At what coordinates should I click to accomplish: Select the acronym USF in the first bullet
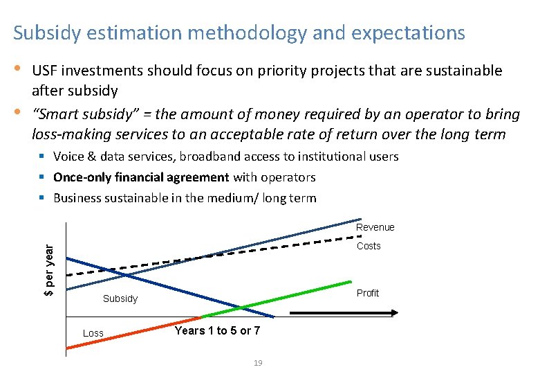point(47,71)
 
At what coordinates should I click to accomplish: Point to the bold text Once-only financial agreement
point(141,177)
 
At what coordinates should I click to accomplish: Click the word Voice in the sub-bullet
point(68,157)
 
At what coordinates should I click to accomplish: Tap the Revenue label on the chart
point(375,227)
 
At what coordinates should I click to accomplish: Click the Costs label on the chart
point(368,246)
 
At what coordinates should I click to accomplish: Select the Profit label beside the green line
point(367,293)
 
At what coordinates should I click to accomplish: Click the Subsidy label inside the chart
point(120,299)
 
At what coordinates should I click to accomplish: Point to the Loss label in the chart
point(93,333)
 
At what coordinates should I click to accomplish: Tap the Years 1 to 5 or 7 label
point(217,331)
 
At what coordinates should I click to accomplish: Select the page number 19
point(257,363)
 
